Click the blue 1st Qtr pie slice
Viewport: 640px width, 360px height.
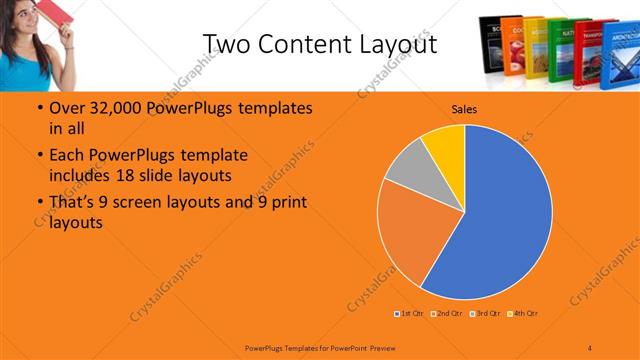click(500, 220)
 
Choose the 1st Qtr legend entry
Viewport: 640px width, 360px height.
click(410, 314)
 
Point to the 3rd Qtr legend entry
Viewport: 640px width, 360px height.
click(485, 314)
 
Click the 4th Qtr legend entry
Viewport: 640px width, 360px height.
click(523, 314)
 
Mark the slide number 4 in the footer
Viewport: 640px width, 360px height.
click(590, 346)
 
